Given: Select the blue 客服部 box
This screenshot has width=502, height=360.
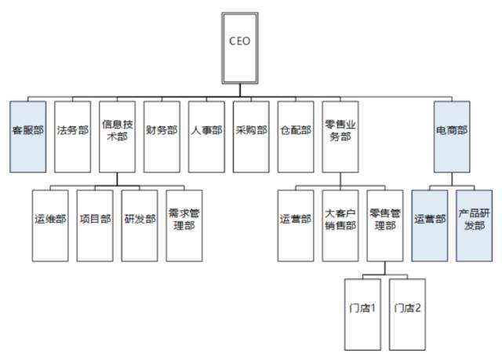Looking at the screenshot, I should (x=27, y=136).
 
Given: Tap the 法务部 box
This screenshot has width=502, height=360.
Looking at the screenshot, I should (x=72, y=136).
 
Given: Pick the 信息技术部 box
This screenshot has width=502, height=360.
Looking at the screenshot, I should (x=117, y=136).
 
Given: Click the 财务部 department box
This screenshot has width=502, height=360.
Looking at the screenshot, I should (x=162, y=136).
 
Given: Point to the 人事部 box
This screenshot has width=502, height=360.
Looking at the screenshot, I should (x=206, y=136).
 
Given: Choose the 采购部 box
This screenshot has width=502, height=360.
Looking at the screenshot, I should (x=251, y=136).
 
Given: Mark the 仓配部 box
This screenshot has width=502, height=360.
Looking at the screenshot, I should (x=296, y=136).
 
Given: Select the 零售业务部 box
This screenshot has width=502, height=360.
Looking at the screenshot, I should (x=340, y=136).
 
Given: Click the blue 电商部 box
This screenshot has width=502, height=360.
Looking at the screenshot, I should (x=452, y=136).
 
